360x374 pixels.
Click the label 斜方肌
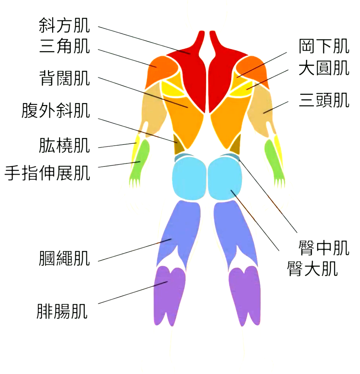click(65, 25)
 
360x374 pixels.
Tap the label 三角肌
click(65, 46)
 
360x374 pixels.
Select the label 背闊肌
click(65, 78)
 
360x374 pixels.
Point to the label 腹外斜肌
click(56, 110)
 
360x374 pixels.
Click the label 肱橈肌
click(65, 145)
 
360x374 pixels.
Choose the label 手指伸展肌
click(48, 173)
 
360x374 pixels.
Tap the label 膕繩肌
click(65, 258)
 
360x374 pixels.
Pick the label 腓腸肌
click(62, 311)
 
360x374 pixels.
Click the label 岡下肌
click(324, 46)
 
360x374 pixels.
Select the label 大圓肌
click(324, 68)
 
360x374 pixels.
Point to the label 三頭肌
click(324, 100)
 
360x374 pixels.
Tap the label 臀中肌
click(324, 248)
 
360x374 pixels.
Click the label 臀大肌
click(312, 269)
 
